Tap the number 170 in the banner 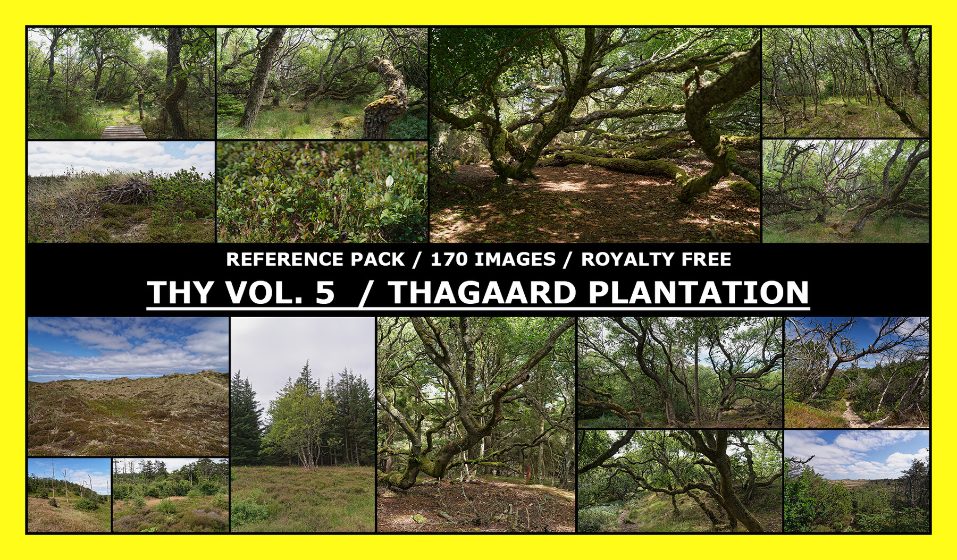click(x=449, y=259)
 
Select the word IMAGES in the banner click(x=515, y=259)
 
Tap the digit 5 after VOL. click(x=325, y=293)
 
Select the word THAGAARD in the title click(x=482, y=293)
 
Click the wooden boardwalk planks click(x=123, y=132)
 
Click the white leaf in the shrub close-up click(x=390, y=182)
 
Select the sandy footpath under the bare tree click(x=853, y=414)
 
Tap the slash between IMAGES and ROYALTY click(x=568, y=259)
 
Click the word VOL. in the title click(x=264, y=293)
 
